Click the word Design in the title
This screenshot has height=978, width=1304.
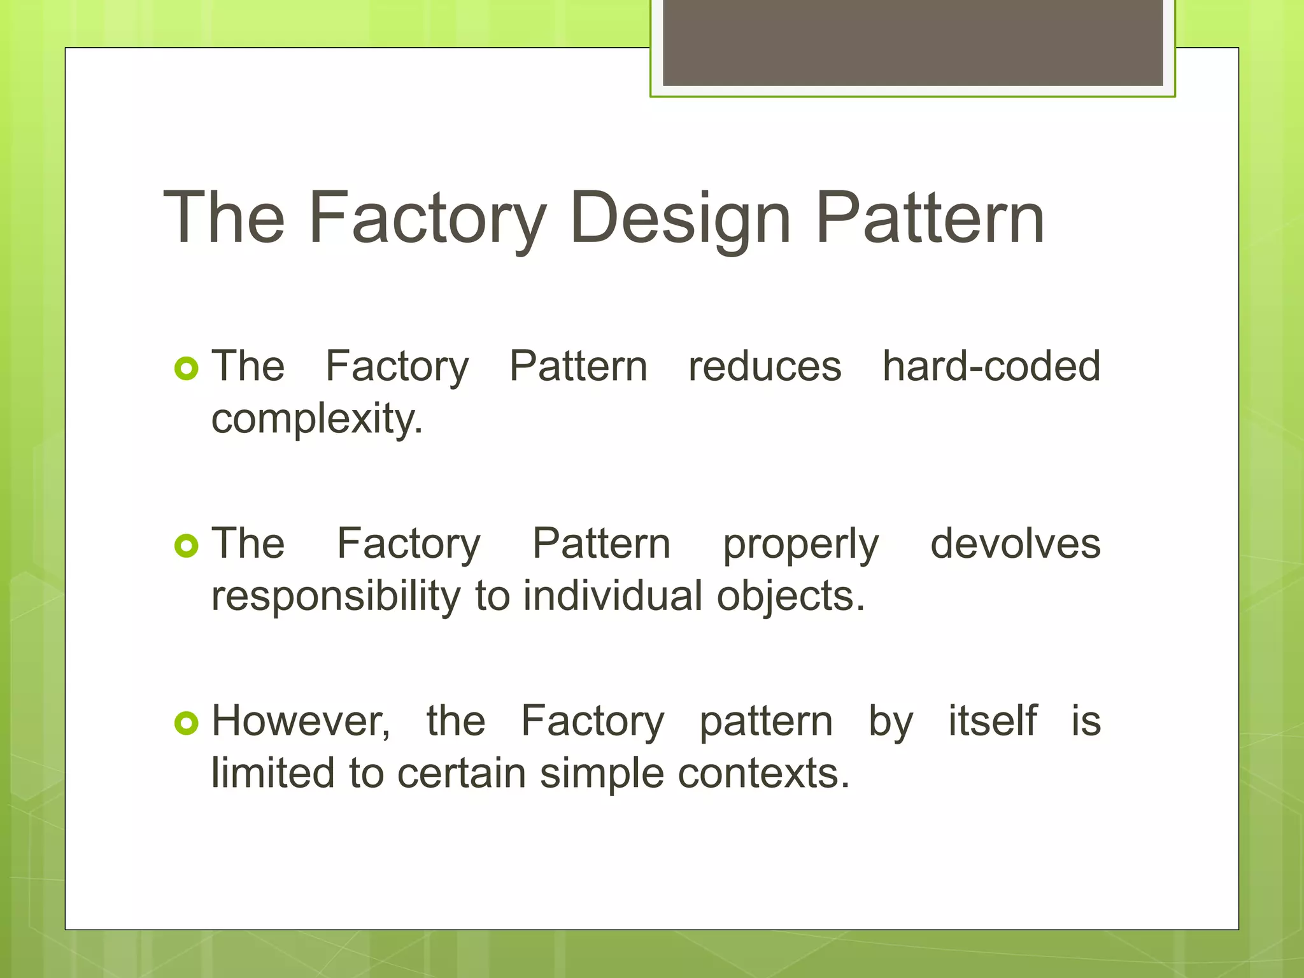[680, 219]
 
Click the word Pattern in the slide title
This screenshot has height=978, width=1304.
[930, 219]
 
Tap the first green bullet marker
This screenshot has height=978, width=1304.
[187, 369]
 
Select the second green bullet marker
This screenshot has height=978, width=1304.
[187, 546]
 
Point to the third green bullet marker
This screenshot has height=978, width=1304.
[187, 723]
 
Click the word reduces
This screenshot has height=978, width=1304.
[765, 367]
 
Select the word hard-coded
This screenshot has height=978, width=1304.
[991, 367]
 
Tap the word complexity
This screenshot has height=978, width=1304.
[316, 420]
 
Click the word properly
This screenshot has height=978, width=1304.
[800, 545]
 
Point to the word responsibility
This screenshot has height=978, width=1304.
[336, 597]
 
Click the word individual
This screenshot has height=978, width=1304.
[613, 597]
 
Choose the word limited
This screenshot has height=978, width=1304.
[273, 773]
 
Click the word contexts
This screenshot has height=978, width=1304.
[763, 774]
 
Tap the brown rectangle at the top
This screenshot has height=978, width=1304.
[912, 42]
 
